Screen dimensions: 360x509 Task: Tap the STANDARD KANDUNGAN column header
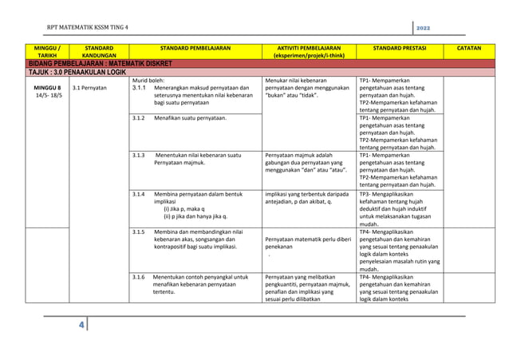(99, 52)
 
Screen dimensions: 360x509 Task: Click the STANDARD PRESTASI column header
(399, 48)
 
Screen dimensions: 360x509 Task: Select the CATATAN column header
(468, 48)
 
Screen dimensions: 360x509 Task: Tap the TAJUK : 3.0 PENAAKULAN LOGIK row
(77, 72)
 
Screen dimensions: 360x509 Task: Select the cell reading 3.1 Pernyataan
(89, 88)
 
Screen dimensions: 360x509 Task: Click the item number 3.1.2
(139, 118)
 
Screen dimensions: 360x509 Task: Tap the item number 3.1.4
(139, 194)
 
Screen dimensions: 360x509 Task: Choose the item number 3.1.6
(139, 277)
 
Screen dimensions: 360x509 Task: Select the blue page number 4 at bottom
(81, 326)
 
